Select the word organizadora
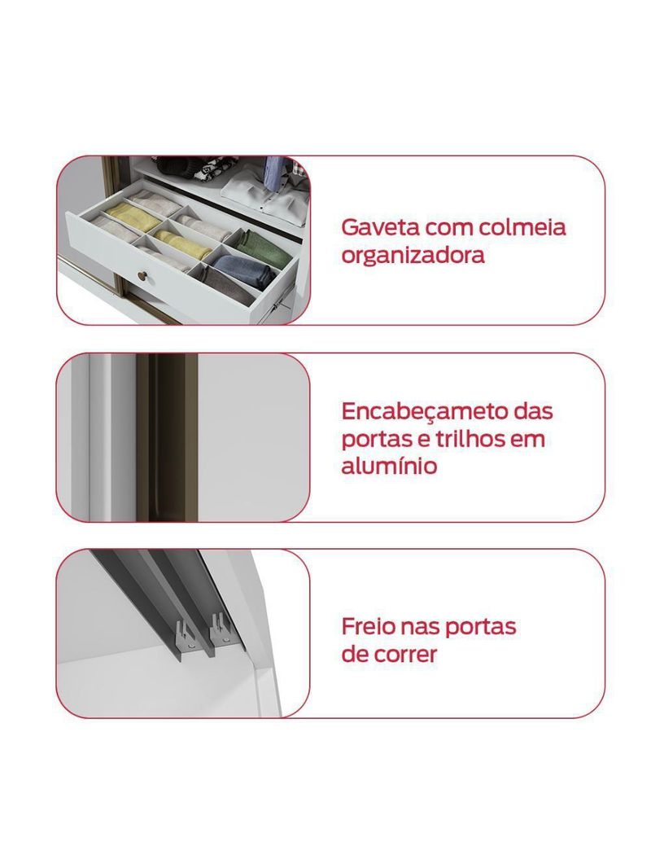(x=413, y=256)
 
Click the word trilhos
(x=462, y=439)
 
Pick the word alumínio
(x=389, y=467)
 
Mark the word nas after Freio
(x=417, y=627)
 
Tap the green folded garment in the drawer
(x=265, y=245)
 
